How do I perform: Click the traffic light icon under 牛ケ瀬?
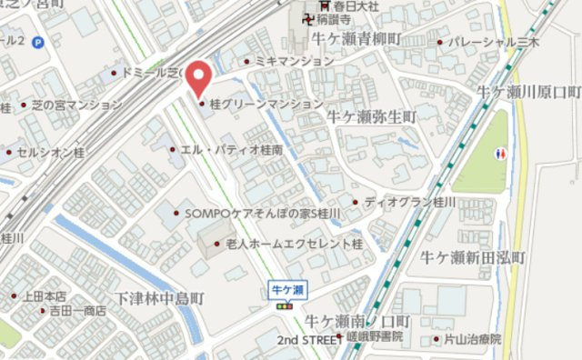pos(287,307)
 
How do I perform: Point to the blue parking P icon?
pos(37,42)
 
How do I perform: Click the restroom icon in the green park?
pos(503,154)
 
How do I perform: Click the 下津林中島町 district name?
pos(161,298)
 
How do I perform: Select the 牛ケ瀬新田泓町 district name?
pos(473,258)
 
